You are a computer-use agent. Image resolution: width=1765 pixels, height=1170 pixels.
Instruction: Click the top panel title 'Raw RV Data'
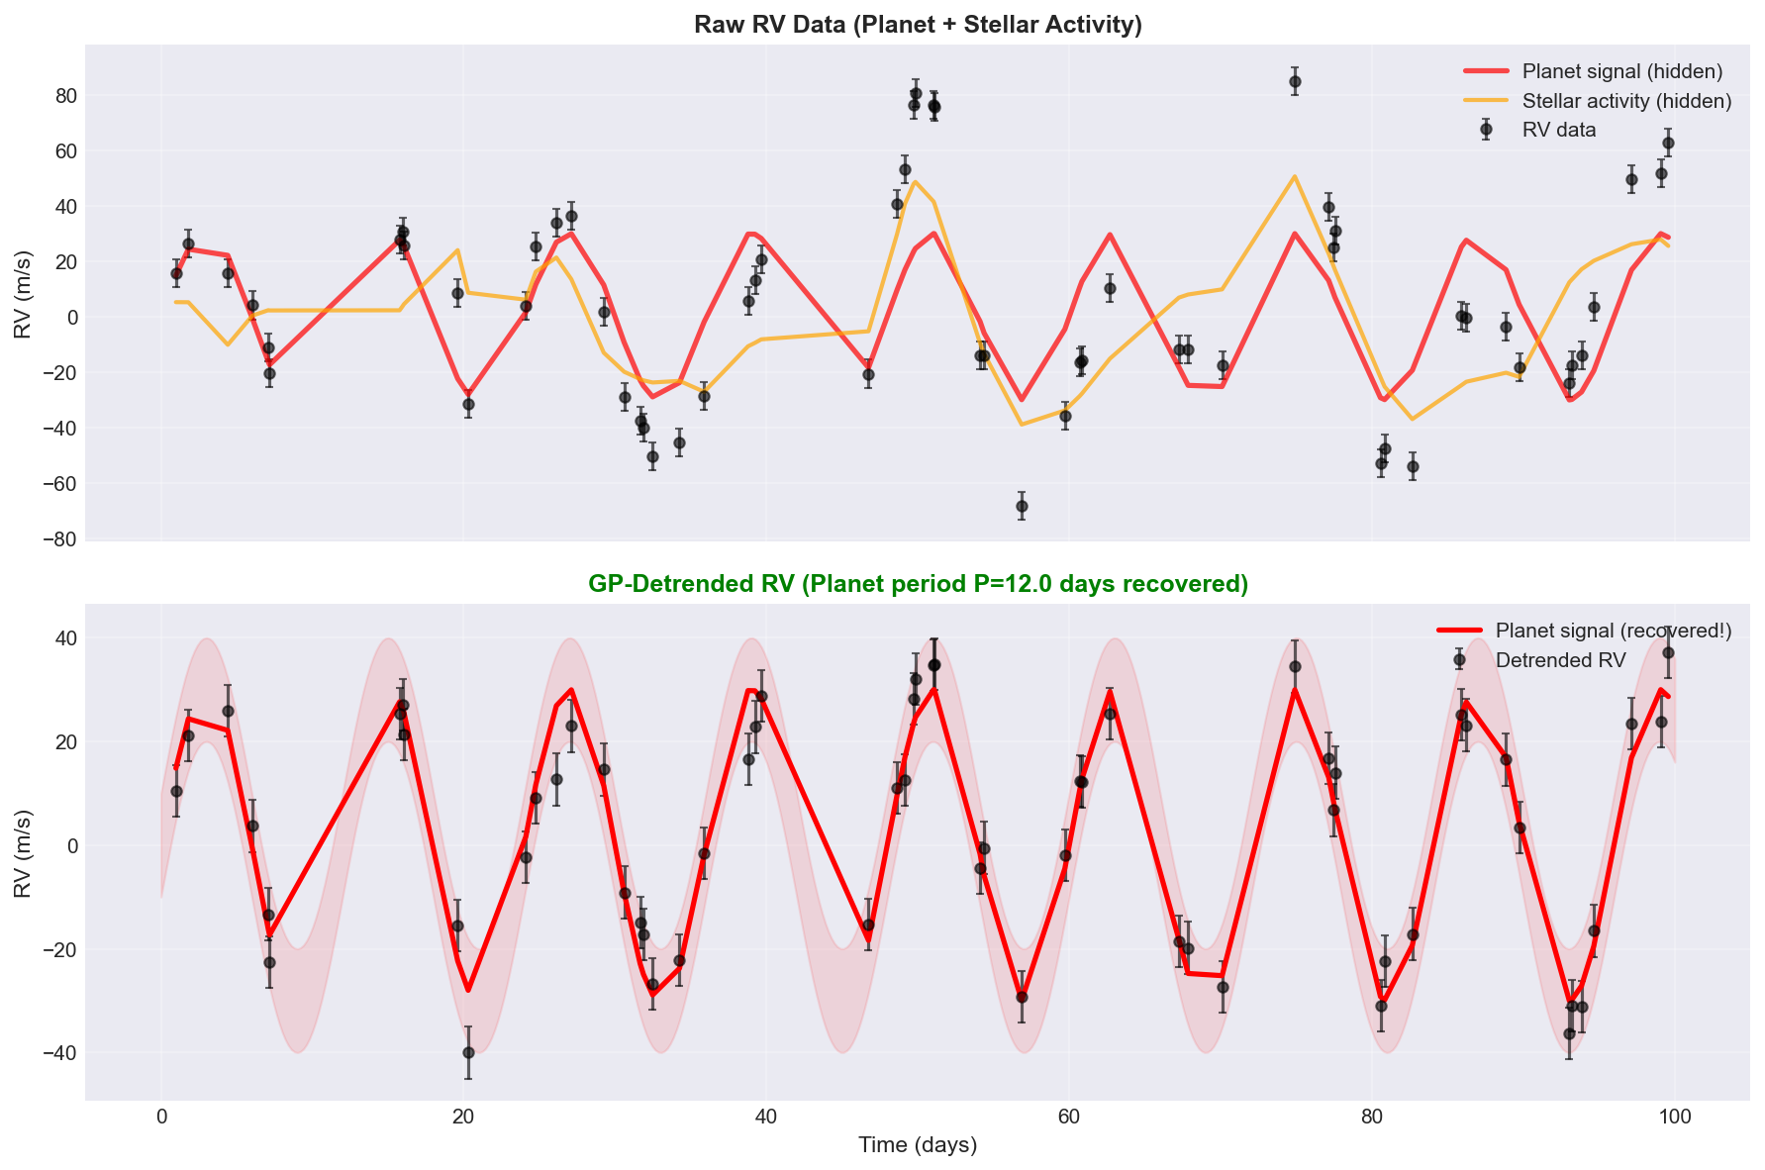918,25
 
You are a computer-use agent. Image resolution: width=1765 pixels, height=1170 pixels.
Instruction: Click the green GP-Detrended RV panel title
918,584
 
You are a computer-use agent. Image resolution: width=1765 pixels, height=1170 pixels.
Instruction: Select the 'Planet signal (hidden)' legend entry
1621,71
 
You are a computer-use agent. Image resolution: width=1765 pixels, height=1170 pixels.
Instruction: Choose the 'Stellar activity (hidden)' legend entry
1626,101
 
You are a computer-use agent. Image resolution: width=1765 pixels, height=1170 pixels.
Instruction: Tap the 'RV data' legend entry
1558,130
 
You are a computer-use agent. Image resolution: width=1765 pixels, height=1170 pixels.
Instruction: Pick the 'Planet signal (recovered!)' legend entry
1613,631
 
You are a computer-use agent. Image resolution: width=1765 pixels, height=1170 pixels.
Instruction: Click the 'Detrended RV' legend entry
1560,660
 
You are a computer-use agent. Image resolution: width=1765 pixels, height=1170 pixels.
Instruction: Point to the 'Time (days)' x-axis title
918,1145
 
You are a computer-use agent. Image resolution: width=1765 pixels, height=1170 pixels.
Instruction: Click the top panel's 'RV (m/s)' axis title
24,294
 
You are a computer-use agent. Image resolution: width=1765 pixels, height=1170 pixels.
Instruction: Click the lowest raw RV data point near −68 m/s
1022,506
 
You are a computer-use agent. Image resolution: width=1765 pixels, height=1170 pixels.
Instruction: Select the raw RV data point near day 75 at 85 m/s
1295,81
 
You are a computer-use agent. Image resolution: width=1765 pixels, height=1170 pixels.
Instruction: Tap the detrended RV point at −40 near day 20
468,1052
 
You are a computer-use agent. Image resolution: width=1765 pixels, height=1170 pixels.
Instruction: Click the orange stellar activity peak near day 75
1295,176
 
